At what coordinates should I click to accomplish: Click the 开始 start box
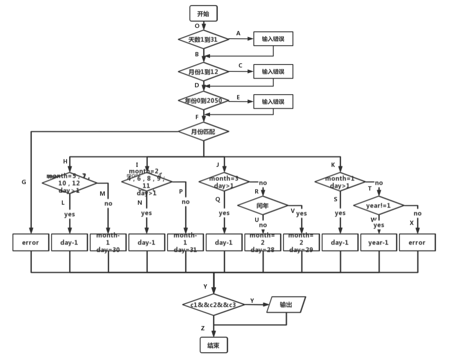(x=203, y=14)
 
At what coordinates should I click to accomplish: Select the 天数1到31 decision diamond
(x=204, y=39)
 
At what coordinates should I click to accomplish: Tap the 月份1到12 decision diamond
(x=204, y=72)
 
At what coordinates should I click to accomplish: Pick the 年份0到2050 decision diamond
(x=204, y=101)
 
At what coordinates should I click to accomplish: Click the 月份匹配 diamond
(x=204, y=132)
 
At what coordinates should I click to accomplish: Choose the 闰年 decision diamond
(x=262, y=206)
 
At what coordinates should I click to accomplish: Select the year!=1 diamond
(x=378, y=206)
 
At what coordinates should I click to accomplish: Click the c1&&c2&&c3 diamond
(x=213, y=305)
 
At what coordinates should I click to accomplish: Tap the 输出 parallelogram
(x=286, y=305)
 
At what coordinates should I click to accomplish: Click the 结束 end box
(x=213, y=345)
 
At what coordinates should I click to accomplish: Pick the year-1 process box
(x=378, y=243)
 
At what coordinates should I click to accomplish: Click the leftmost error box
(x=30, y=243)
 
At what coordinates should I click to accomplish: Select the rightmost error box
(x=417, y=243)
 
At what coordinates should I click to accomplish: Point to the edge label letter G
(x=24, y=182)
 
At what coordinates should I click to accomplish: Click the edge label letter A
(x=238, y=34)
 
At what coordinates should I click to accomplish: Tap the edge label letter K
(x=333, y=165)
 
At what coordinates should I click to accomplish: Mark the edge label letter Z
(x=203, y=328)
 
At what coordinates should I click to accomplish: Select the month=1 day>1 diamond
(x=340, y=182)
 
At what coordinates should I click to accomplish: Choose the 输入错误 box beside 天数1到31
(x=273, y=39)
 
